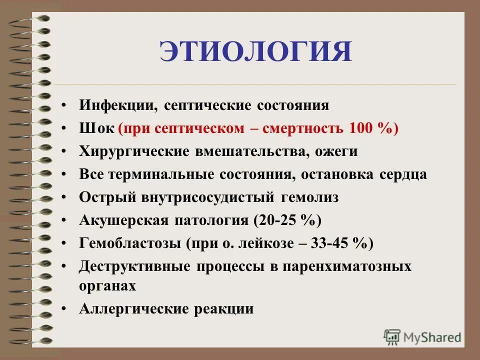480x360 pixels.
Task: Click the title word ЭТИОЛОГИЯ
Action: [255, 52]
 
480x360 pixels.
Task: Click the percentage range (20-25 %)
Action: [287, 220]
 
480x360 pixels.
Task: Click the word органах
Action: [107, 285]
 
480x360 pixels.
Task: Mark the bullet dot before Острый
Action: [64, 198]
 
